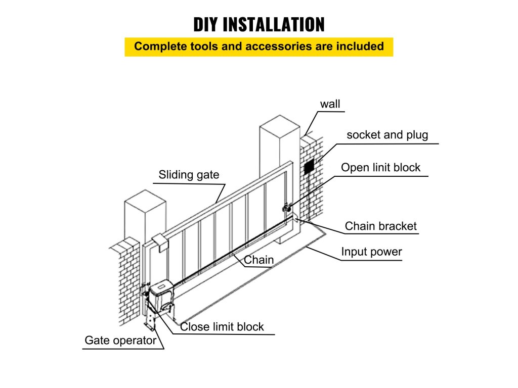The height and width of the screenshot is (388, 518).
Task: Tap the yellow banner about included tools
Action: pos(258,46)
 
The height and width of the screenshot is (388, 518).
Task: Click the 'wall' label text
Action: pos(330,104)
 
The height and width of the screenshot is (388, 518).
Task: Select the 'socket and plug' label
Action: pos(387,135)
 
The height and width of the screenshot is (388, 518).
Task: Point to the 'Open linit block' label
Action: pos(380,168)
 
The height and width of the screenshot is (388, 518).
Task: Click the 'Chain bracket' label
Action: pos(380,226)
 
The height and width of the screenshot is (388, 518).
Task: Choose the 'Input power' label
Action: pos(371,252)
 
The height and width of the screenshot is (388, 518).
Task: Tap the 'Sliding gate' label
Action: pos(189,175)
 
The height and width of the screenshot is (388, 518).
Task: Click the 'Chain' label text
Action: pos(258,260)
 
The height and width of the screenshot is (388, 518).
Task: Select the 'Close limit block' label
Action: pos(222,327)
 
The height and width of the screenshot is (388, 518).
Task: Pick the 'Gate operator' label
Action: pos(120,341)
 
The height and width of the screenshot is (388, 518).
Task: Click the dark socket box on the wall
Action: pos(309,166)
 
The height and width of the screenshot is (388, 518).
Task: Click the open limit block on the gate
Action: pos(287,207)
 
